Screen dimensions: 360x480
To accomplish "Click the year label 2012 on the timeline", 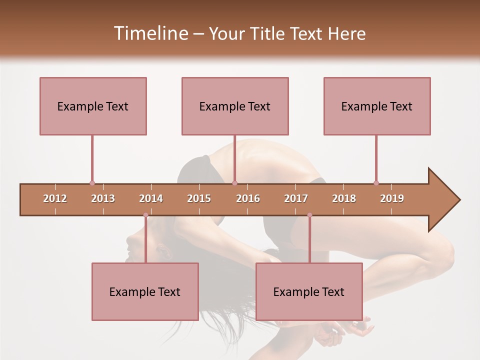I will tap(55, 198).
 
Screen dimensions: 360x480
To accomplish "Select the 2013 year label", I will tap(103, 198).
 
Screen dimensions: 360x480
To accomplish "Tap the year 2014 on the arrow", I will tap(151, 198).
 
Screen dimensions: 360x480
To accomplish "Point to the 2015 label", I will tap(199, 198).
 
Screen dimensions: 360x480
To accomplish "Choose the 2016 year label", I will tap(248, 198).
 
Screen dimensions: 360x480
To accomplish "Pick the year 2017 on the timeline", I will tap(296, 198).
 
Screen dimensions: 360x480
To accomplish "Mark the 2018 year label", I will tap(344, 198).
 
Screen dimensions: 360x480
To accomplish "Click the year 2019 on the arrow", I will tap(392, 198).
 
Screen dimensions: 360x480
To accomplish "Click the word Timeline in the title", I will tap(150, 33).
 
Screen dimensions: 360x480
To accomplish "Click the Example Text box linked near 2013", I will tap(93, 106).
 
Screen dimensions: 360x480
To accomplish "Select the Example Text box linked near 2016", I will tap(235, 106).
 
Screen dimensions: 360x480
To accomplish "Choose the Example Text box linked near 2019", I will tap(377, 106).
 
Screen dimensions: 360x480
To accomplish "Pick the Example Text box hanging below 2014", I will tap(145, 291).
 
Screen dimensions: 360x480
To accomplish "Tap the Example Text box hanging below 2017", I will tap(309, 291).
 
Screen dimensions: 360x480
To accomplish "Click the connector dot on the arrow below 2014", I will tap(145, 215).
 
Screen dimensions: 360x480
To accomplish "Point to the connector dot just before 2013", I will tap(92, 183).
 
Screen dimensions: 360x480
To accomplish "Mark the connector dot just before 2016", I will tap(235, 183).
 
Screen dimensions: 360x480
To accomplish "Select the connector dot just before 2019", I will tap(376, 183).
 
